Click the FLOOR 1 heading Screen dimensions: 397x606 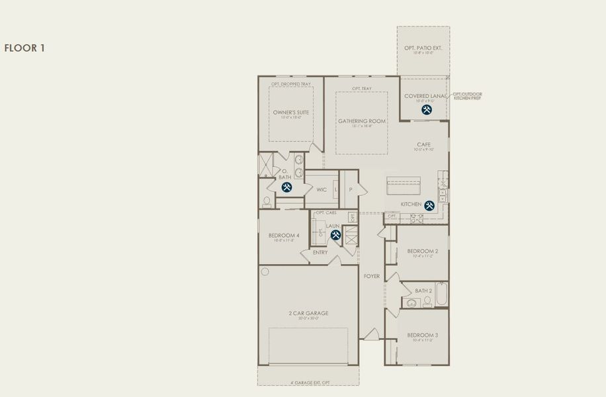tap(24, 48)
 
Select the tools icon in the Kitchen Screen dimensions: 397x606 tap(429, 206)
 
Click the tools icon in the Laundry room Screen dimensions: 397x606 tap(335, 235)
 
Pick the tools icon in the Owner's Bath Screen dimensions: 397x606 tap(286, 187)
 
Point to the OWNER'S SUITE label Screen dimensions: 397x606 tap(291, 112)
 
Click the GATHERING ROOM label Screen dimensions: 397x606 tap(361, 121)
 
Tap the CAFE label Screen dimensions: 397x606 tap(424, 144)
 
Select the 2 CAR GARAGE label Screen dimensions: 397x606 tap(308, 313)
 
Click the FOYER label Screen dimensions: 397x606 tap(372, 276)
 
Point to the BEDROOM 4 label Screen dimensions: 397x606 tap(284, 236)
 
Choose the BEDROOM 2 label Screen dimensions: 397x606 tap(423, 251)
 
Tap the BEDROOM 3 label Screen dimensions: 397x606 tap(423, 335)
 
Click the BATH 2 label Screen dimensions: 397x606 tap(423, 290)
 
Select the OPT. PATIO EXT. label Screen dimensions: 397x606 tap(423, 48)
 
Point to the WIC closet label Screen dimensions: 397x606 tap(322, 190)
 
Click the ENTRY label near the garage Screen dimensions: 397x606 tap(320, 252)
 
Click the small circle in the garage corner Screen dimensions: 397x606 tap(265, 271)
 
